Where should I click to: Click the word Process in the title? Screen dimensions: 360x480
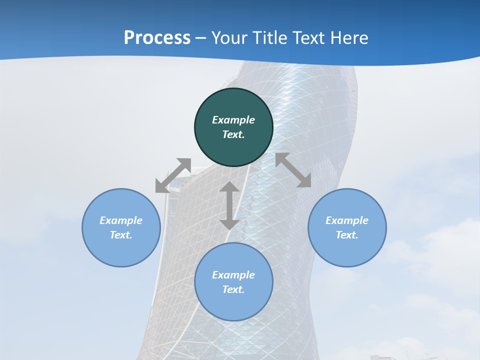pyautogui.click(x=157, y=38)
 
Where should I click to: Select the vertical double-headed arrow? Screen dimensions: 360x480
pyautogui.click(x=229, y=206)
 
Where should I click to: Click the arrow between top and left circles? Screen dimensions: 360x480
pyautogui.click(x=173, y=175)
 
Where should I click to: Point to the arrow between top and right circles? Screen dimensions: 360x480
pyautogui.click(x=293, y=170)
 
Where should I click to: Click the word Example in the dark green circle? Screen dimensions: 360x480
pyautogui.click(x=233, y=120)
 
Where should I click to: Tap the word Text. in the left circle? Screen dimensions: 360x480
pyautogui.click(x=121, y=235)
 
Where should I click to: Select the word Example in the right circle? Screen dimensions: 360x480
pyautogui.click(x=347, y=220)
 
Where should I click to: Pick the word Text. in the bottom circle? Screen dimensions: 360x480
pyautogui.click(x=233, y=289)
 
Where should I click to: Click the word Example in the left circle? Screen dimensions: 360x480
pyautogui.click(x=121, y=220)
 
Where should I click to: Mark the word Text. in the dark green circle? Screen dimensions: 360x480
pyautogui.click(x=233, y=134)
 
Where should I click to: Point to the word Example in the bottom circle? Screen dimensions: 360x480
pyautogui.click(x=233, y=275)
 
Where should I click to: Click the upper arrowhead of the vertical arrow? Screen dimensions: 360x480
pyautogui.click(x=229, y=187)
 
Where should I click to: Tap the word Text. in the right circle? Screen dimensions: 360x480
pyautogui.click(x=347, y=235)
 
